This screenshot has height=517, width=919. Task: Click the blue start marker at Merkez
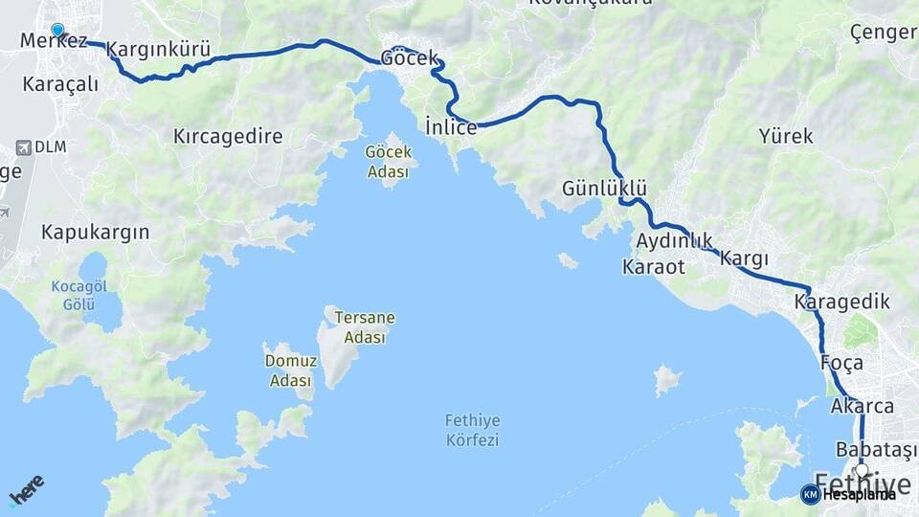point(57,31)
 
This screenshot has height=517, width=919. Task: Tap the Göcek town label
point(410,57)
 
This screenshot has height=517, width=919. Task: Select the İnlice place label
point(451,127)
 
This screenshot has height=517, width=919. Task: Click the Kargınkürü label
point(158,50)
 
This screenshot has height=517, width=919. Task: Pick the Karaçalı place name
point(60,83)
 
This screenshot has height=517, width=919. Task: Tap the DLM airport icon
point(24,147)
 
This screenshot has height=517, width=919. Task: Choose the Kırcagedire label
point(228,136)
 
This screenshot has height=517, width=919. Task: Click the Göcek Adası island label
point(387,162)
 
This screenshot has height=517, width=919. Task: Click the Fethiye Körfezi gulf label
point(473,431)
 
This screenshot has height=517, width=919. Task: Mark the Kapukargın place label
point(96,232)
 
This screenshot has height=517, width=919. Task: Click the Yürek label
point(786,136)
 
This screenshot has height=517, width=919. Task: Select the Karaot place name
point(654,267)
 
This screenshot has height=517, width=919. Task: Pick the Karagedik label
point(842,303)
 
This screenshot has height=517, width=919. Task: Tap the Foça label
point(842,364)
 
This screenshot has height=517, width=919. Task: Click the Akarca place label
point(863,406)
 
